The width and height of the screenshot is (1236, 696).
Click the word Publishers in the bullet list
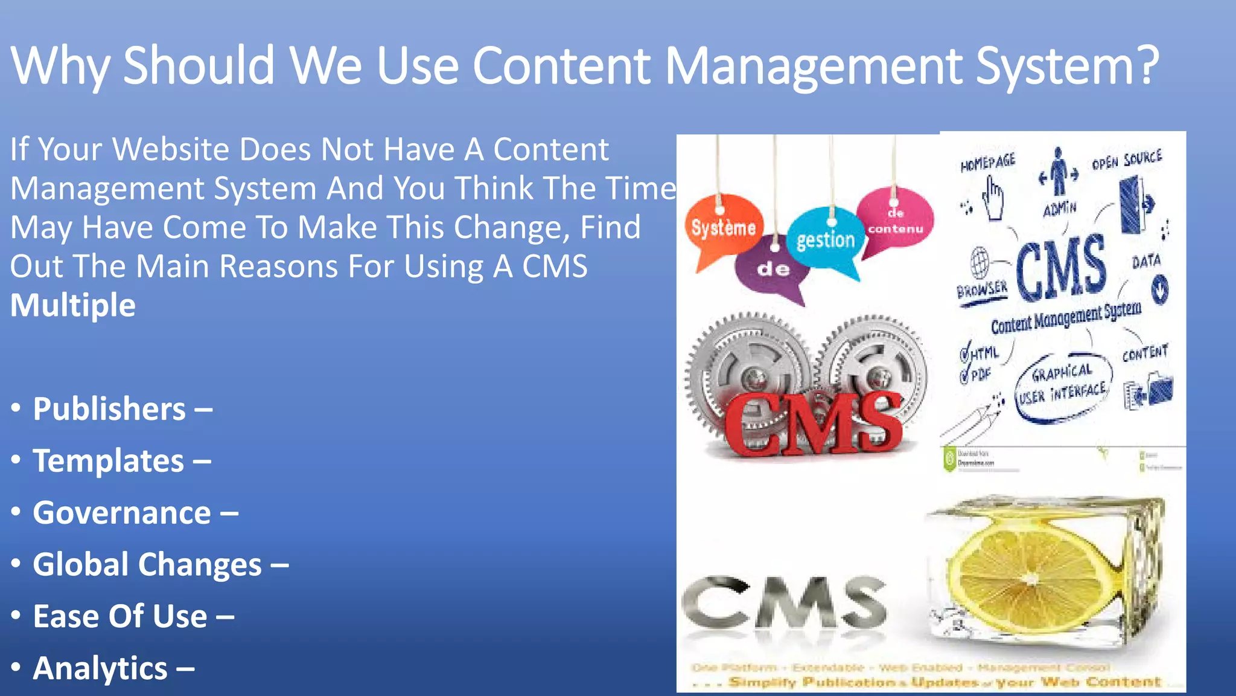(109, 409)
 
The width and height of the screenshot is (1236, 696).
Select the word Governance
(122, 513)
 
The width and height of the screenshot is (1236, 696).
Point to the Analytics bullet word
(100, 668)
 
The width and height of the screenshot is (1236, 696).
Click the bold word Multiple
(73, 304)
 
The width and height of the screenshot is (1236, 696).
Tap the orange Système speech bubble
(723, 228)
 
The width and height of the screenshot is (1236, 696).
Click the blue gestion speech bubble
(825, 240)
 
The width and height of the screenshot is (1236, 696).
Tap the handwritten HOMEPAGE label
(987, 162)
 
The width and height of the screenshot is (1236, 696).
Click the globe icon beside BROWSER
(980, 262)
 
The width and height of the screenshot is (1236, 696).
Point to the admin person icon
(1059, 172)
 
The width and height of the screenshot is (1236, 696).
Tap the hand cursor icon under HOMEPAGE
(993, 199)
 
